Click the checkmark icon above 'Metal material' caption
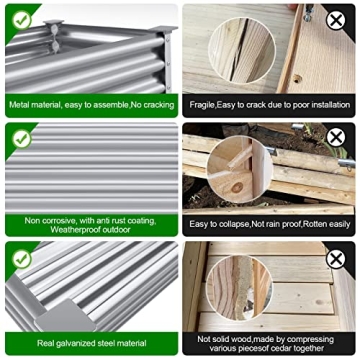22,20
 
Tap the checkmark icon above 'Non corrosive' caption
22,139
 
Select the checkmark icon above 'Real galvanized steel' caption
22,259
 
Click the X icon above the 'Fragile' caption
336,21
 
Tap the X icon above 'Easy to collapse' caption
336,137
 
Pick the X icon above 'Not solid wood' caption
336,259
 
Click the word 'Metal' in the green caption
18,105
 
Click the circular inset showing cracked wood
242,50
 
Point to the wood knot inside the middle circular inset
237,188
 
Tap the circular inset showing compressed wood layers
239,288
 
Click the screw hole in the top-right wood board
297,79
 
